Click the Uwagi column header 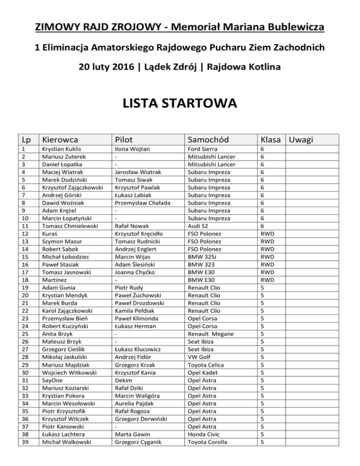[x=301, y=139]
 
